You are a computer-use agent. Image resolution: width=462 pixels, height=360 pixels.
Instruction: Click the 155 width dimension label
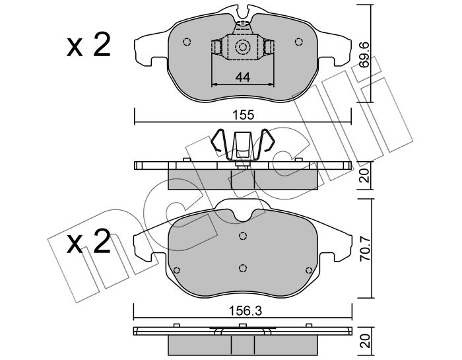coord(244,115)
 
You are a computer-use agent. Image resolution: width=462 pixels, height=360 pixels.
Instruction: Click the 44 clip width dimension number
coord(243,77)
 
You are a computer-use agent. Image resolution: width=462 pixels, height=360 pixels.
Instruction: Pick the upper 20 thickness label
coord(365,175)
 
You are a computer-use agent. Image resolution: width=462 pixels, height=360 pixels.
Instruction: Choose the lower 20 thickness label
coord(365,341)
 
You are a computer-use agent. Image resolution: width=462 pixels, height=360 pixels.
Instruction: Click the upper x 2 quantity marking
coord(88,45)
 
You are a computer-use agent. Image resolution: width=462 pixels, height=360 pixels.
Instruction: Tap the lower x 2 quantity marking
coord(88,242)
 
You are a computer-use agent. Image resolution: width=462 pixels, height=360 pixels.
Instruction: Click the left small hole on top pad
coord(187,42)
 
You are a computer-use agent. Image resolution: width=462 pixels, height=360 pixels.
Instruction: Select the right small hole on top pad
coord(298,42)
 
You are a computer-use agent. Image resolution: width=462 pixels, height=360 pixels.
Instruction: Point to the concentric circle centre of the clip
coord(242,47)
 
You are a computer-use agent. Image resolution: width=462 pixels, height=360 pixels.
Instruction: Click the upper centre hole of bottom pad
coord(242,236)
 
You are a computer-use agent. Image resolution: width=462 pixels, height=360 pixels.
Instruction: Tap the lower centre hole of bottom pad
coord(242,268)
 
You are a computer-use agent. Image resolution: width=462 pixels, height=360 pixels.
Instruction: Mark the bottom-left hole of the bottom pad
coord(177,270)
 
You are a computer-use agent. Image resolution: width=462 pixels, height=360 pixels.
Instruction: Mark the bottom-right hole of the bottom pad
coord(309,270)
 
